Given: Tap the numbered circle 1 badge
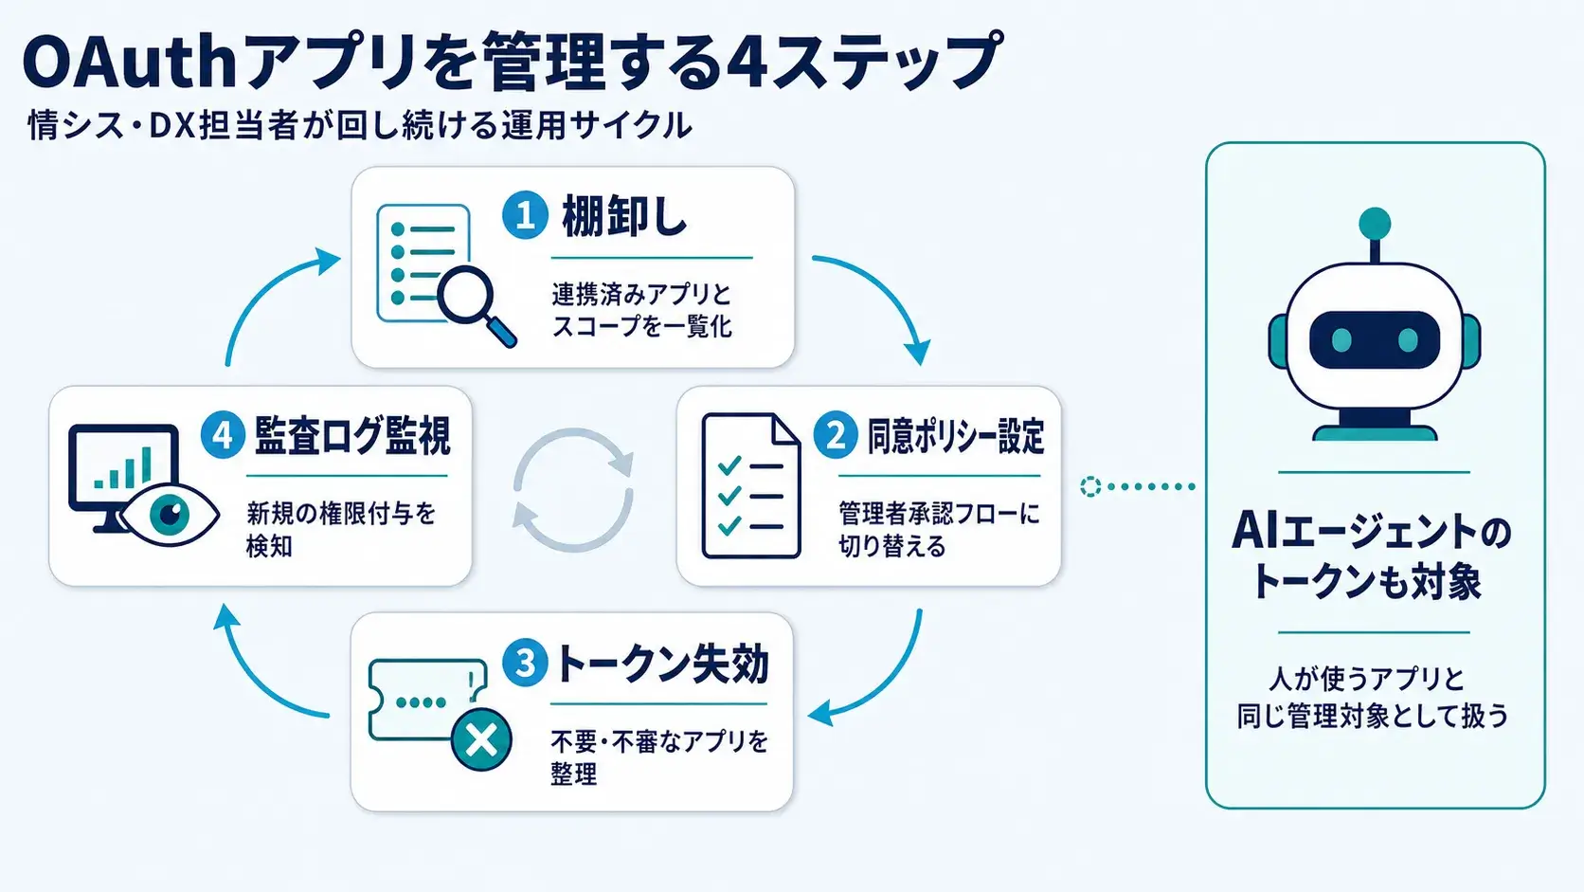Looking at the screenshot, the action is (525, 215).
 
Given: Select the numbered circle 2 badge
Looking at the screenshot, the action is (836, 434).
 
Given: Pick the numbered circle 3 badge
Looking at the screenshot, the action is (525, 663).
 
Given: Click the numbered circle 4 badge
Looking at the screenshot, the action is (223, 434).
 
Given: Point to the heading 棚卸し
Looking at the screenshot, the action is (623, 216).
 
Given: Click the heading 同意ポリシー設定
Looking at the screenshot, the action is (955, 436).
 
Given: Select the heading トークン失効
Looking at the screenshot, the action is (661, 664).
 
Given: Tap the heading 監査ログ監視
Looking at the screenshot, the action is (352, 436).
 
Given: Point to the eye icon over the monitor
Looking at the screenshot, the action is (170, 515).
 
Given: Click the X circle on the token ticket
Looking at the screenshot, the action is (481, 740).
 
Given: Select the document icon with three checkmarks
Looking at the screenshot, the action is (751, 486).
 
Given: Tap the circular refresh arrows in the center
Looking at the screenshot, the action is (573, 489).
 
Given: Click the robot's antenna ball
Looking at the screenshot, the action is (1375, 224).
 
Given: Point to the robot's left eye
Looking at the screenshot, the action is (1341, 340).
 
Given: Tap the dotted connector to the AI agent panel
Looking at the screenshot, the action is (1138, 486).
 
